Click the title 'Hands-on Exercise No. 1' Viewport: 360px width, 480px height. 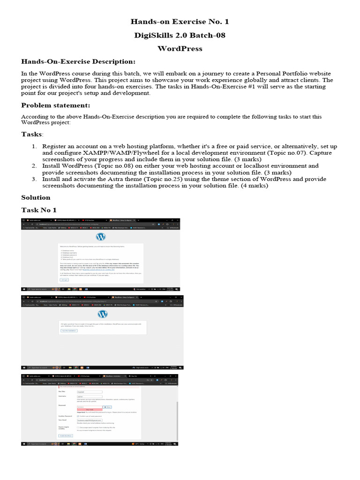(180, 22)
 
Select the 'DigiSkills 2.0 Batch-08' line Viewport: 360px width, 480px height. (180, 35)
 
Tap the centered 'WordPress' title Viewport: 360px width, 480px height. (180, 49)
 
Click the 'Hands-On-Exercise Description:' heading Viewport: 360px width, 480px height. (78, 62)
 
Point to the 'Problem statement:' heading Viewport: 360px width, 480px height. (56, 105)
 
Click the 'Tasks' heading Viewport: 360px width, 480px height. (31, 135)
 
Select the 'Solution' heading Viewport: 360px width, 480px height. (36, 197)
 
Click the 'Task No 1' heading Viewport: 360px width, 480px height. (39, 210)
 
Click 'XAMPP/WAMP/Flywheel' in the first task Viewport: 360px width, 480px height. (111, 153)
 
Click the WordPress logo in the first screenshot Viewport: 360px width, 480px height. (100, 236)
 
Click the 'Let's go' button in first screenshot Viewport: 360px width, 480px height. (64, 279)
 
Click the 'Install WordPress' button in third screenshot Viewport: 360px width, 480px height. (66, 435)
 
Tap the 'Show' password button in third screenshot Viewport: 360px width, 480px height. (107, 407)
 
